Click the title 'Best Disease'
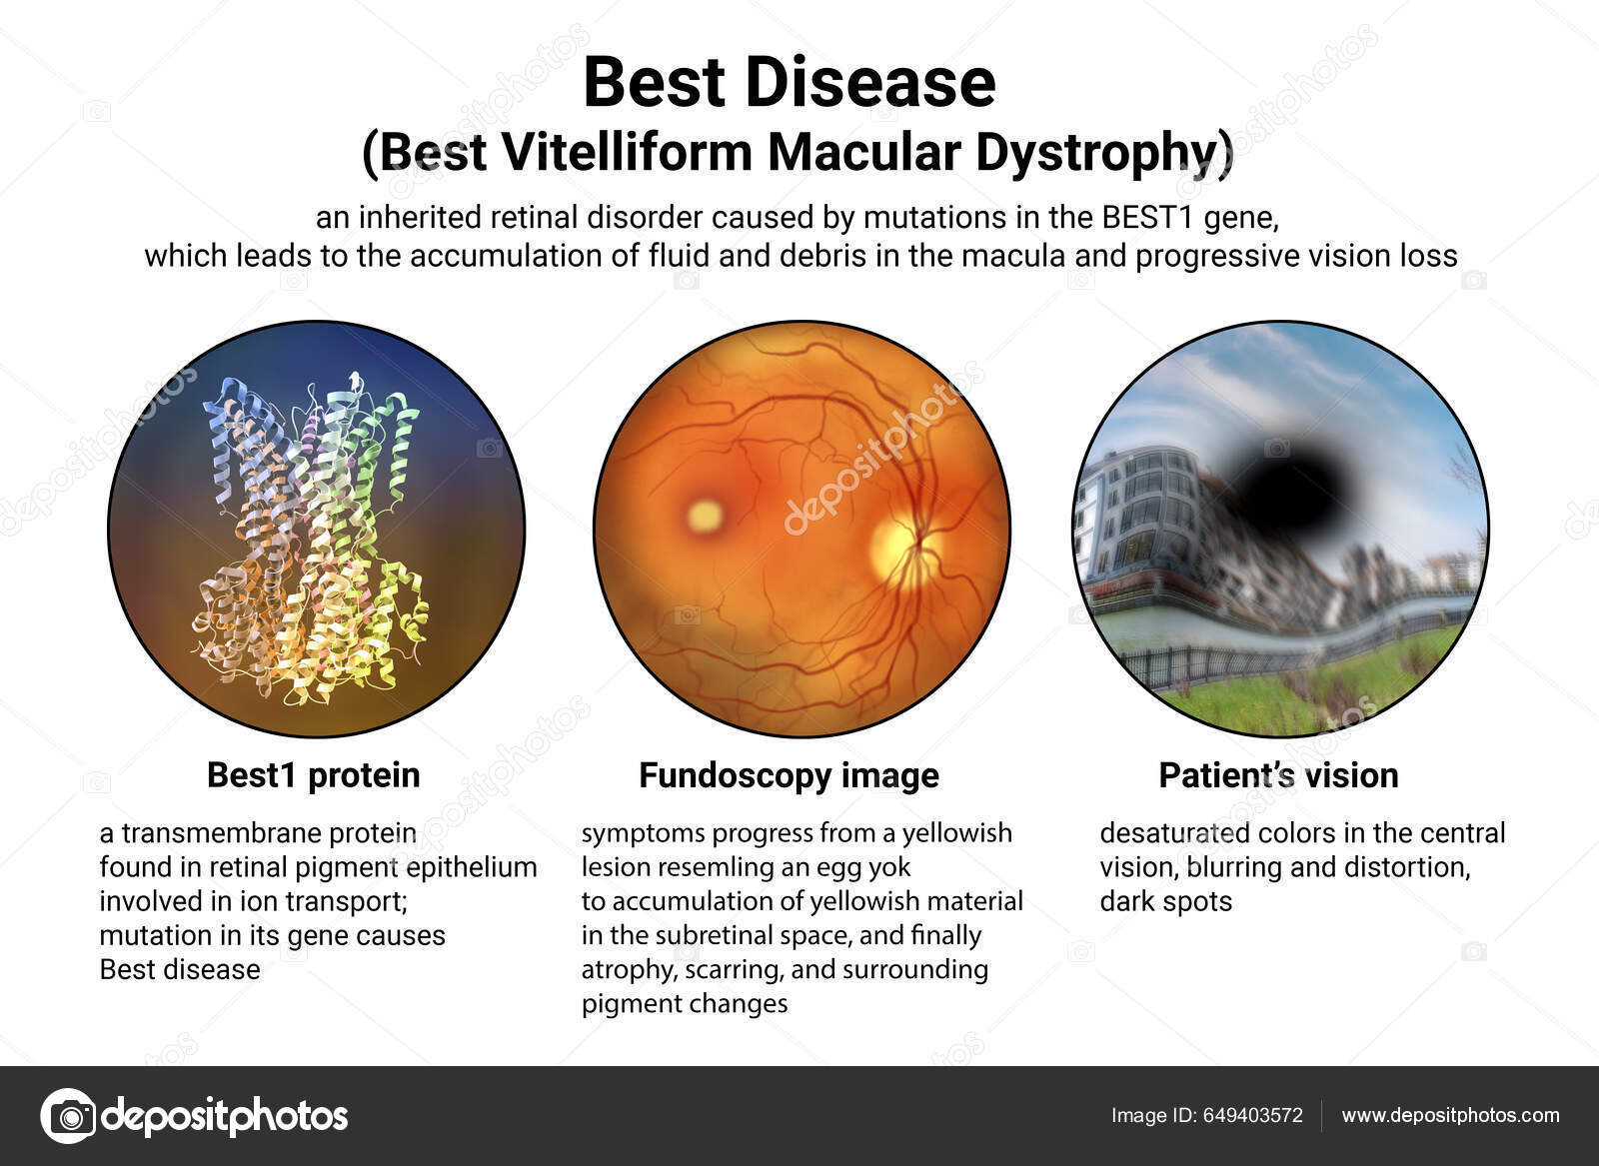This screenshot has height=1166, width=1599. coord(789,82)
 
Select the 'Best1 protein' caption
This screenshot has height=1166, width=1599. coord(313,775)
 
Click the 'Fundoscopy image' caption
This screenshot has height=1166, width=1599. coord(789,775)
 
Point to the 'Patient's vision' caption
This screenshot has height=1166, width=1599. coord(1278,775)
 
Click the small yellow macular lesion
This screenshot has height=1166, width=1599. coord(705,516)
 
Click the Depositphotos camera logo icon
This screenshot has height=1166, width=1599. coord(68,1115)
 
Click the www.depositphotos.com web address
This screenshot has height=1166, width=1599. coord(1450,1116)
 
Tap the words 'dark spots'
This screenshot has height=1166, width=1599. coord(1165,901)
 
